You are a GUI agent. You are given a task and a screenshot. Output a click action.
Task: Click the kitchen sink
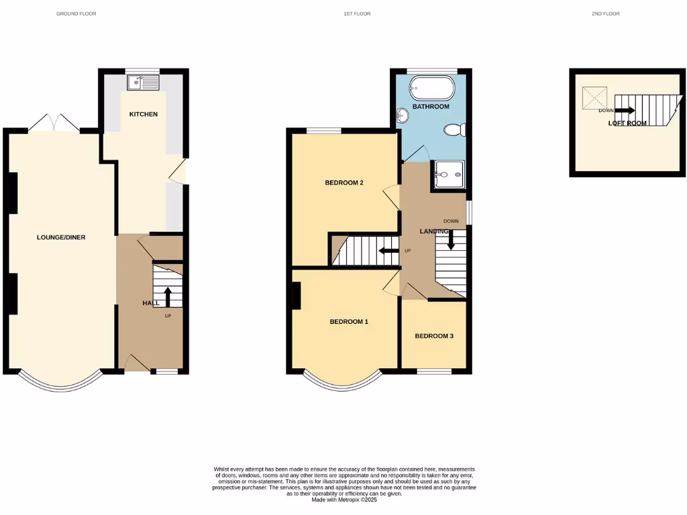pyautogui.click(x=143, y=82)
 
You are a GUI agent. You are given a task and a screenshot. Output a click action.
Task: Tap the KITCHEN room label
pyautogui.click(x=144, y=114)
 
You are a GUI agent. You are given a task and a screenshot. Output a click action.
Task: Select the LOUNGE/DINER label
pyautogui.click(x=61, y=237)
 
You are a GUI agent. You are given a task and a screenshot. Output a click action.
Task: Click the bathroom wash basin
pyautogui.click(x=403, y=117)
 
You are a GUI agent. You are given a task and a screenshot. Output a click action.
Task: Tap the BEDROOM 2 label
pyautogui.click(x=344, y=182)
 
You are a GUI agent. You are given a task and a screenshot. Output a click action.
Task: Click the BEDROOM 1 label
pyautogui.click(x=349, y=322)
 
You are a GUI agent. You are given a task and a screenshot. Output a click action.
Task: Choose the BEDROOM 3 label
pyautogui.click(x=434, y=336)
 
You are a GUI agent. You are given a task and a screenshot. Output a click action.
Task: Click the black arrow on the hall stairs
pyautogui.click(x=167, y=296)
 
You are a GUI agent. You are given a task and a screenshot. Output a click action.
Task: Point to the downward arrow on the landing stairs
pyautogui.click(x=451, y=240)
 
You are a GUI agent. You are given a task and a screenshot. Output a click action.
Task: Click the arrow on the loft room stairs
pyautogui.click(x=625, y=110)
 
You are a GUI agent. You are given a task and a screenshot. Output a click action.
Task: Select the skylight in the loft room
pyautogui.click(x=594, y=98)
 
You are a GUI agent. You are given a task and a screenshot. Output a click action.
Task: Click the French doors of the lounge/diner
pyautogui.click(x=54, y=123)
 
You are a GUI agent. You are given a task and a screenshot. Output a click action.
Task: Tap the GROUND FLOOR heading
pyautogui.click(x=76, y=13)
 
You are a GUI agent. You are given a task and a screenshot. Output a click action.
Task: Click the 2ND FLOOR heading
pyautogui.click(x=605, y=13)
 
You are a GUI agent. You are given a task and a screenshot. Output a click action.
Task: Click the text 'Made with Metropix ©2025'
pyautogui.click(x=344, y=500)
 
